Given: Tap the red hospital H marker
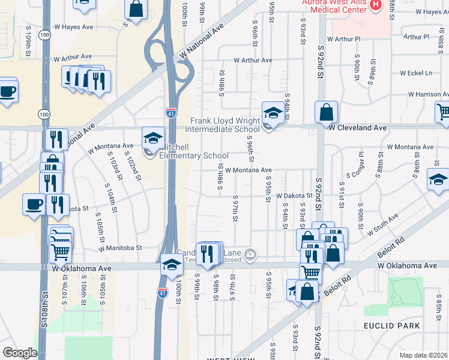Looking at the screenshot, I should click(x=376, y=5).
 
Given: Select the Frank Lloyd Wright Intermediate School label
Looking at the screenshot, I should click(x=222, y=125).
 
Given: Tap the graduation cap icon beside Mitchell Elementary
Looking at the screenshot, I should click(x=153, y=137).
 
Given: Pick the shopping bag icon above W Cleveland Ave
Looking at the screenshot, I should click(x=326, y=112).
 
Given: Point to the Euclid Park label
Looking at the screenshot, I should click(x=391, y=325).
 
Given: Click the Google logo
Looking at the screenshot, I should click(x=20, y=353).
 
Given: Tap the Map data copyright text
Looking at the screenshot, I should click(x=424, y=355).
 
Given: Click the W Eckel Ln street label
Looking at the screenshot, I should click(x=416, y=73).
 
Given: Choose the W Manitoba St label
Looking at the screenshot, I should click(x=121, y=247).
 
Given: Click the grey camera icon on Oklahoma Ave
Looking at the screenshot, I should click(x=250, y=255).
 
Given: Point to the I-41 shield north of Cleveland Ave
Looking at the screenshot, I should click(x=171, y=112).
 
